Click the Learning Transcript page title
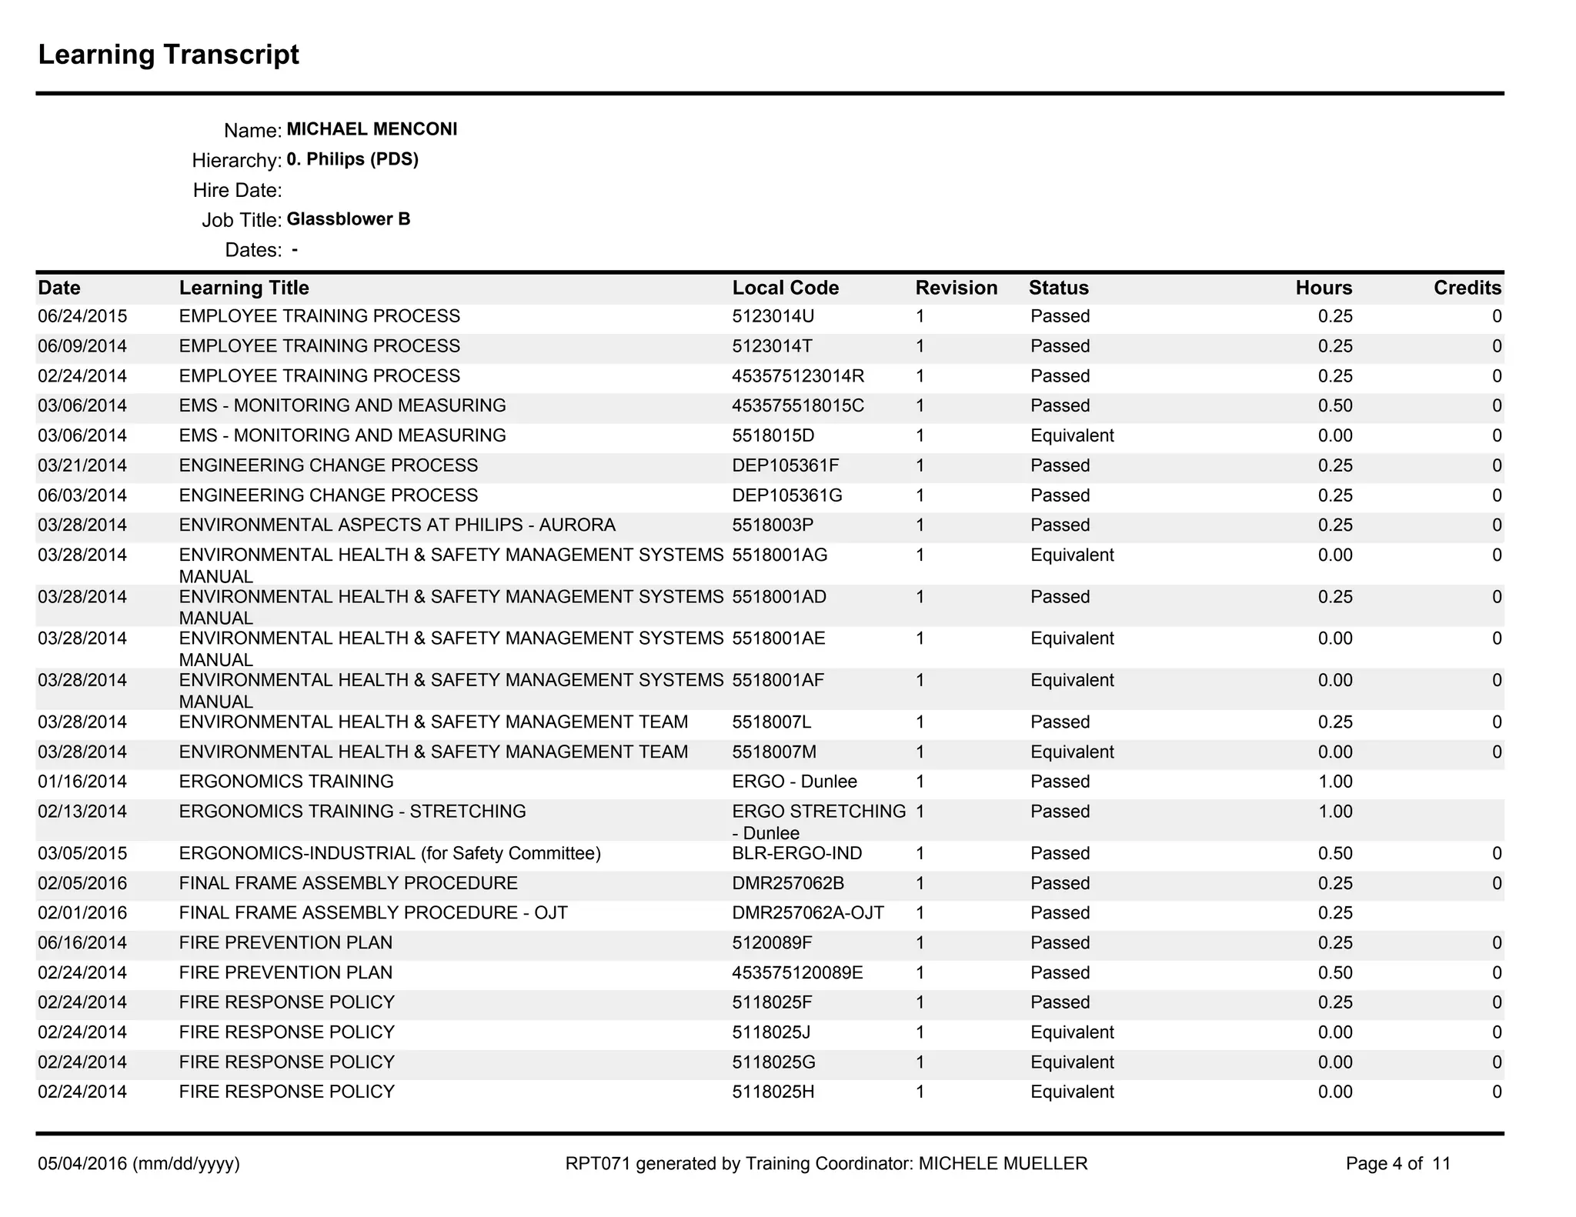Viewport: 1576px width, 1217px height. (169, 55)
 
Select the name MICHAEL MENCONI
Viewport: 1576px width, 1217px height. (372, 129)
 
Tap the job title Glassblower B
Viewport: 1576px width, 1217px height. (348, 219)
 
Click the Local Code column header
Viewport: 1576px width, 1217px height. (785, 288)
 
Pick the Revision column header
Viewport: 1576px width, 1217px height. (956, 288)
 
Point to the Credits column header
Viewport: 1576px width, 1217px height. (1467, 288)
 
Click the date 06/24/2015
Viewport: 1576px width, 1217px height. (82, 316)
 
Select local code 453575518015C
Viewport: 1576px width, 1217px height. (797, 405)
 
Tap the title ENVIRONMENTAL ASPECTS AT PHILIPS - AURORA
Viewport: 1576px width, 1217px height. (397, 525)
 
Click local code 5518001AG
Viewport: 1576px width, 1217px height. (780, 555)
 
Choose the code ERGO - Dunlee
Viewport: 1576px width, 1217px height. (794, 782)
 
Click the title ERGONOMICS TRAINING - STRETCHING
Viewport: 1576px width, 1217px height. (352, 812)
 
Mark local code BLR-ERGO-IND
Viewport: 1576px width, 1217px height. (796, 853)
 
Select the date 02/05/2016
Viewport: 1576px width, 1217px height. (82, 883)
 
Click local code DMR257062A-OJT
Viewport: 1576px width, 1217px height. (808, 913)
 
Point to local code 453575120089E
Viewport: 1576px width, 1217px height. (797, 972)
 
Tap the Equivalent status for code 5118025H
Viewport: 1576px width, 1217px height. (1072, 1092)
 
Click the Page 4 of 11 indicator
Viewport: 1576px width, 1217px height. (1397, 1163)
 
